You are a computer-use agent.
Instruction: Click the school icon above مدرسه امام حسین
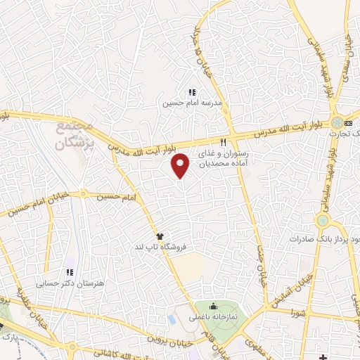(x=191, y=92)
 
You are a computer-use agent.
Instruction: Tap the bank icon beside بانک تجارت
(x=348, y=124)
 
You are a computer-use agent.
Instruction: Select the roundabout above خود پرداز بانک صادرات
(x=323, y=221)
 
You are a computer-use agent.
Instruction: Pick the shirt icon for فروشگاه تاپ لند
(x=161, y=237)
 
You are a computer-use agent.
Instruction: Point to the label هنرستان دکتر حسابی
(x=70, y=283)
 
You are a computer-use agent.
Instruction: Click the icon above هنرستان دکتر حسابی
(x=69, y=272)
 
